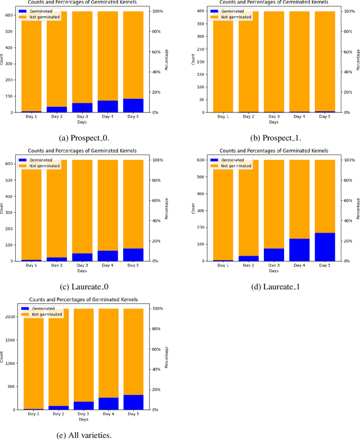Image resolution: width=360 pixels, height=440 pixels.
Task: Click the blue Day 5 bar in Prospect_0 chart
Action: click(133, 106)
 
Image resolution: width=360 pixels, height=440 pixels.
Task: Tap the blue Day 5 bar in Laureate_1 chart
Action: click(325, 247)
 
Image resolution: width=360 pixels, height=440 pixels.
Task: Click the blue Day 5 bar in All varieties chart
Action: click(133, 402)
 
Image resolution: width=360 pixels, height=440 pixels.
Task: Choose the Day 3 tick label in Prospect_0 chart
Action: click(82, 117)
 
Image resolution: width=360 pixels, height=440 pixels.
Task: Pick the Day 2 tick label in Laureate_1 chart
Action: click(249, 265)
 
